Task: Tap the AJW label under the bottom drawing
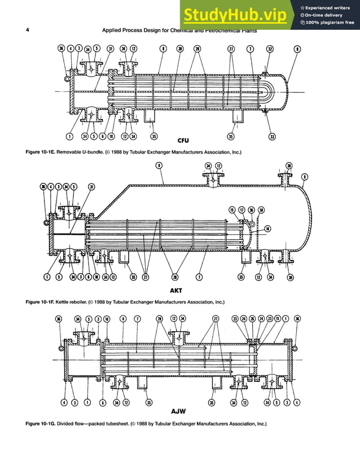point(179,412)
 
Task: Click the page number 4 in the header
point(28,30)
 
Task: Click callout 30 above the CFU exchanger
point(180,49)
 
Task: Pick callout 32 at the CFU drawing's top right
point(270,49)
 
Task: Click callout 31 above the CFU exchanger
point(111,49)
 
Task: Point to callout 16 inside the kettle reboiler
point(267,228)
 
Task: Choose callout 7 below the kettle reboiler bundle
point(200,277)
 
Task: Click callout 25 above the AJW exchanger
point(252,319)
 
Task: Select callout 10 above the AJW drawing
point(107,319)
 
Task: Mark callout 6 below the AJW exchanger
point(102,402)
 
